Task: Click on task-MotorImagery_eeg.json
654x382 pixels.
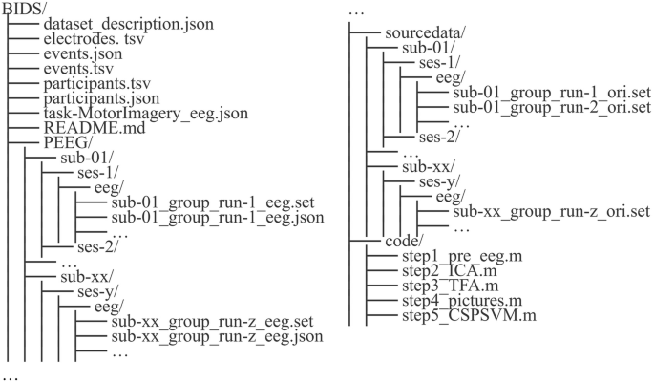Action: (146, 113)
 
